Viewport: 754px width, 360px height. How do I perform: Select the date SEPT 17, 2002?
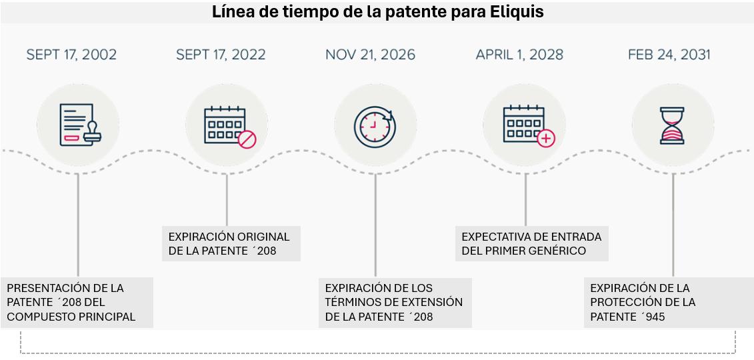[71, 55]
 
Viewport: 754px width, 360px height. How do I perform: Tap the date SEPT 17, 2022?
[221, 55]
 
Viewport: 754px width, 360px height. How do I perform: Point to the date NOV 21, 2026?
[370, 55]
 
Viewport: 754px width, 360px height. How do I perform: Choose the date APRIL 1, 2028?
[519, 55]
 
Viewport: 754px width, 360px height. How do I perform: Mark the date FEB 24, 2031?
[669, 55]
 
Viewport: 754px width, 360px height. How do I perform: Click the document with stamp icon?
[78, 125]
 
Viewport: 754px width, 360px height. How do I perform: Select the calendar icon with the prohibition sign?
[227, 125]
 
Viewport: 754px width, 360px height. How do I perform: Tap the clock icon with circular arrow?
[375, 125]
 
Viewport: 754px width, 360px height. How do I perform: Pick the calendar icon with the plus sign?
[525, 125]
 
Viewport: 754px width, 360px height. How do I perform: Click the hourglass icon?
[673, 125]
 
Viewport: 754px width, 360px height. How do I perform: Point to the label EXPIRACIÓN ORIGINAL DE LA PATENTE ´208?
[231, 244]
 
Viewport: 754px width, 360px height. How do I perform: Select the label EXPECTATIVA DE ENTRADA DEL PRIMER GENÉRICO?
[531, 244]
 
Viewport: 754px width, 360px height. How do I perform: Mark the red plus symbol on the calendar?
[546, 139]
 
